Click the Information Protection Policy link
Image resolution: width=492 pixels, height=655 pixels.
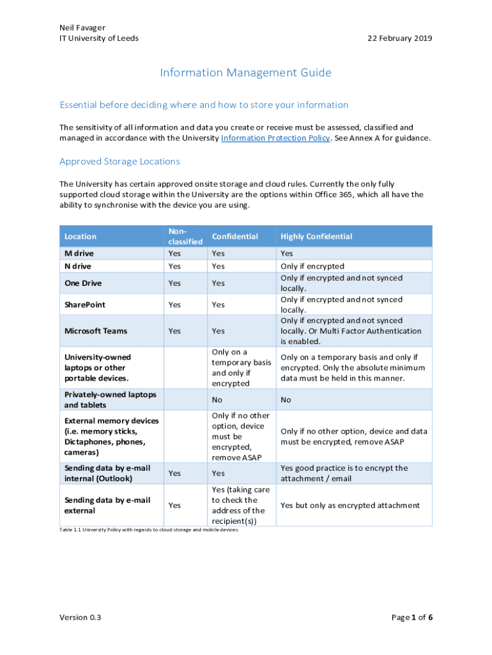click(275, 138)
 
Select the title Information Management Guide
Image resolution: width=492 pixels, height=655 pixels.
click(245, 73)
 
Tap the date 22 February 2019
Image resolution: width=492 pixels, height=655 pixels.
click(399, 38)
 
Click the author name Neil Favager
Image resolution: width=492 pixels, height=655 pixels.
click(82, 28)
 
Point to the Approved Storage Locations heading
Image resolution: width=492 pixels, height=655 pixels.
click(119, 162)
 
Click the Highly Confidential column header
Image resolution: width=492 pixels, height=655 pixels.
click(316, 237)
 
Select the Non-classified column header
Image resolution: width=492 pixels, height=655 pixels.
click(185, 236)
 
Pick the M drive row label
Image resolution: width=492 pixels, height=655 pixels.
click(79, 254)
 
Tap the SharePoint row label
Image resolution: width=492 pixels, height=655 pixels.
click(85, 305)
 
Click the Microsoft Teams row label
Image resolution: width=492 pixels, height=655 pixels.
click(96, 331)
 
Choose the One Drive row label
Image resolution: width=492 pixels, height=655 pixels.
click(83, 283)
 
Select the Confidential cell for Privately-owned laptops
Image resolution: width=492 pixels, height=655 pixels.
click(217, 400)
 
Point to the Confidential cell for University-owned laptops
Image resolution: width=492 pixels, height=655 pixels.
click(241, 368)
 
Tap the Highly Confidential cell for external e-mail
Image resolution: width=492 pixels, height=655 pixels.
click(350, 505)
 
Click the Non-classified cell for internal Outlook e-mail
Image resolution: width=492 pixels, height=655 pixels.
click(174, 473)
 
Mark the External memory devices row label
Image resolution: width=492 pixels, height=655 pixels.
click(112, 436)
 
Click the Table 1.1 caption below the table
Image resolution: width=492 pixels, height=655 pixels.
click(148, 530)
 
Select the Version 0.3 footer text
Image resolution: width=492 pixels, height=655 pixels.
click(81, 617)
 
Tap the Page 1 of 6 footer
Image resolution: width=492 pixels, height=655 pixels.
click(411, 617)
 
